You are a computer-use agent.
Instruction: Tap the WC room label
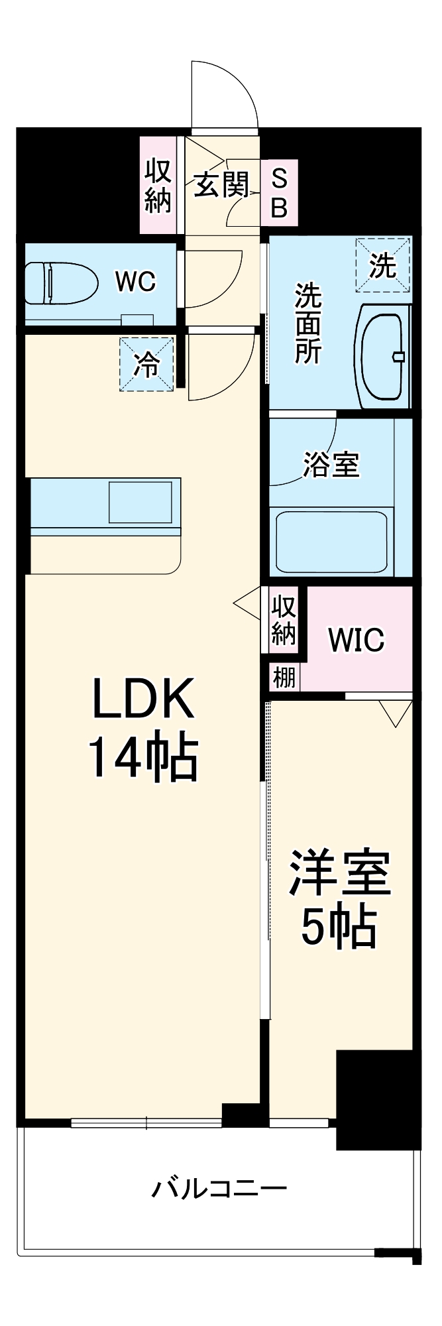coord(135,281)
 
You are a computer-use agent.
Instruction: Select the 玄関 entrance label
coord(221,185)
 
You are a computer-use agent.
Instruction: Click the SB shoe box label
coord(280,194)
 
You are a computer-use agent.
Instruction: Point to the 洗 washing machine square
coord(383,265)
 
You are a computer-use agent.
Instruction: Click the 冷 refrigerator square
coord(146,364)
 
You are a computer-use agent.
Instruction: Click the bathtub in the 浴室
coord(331,540)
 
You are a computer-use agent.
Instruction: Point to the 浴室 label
coord(331,465)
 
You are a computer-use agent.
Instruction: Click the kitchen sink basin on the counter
coord(140,503)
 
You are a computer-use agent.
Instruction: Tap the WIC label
coord(356,640)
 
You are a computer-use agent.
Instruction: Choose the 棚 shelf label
coord(284,678)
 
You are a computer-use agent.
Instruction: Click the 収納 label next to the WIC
coord(283,621)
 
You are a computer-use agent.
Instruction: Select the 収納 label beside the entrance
coord(158,185)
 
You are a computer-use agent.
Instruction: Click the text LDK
coord(143,698)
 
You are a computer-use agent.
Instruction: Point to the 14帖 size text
coord(143,757)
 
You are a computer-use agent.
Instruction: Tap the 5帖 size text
coord(339,926)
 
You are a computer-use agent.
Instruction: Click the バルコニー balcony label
coord(219,1187)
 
